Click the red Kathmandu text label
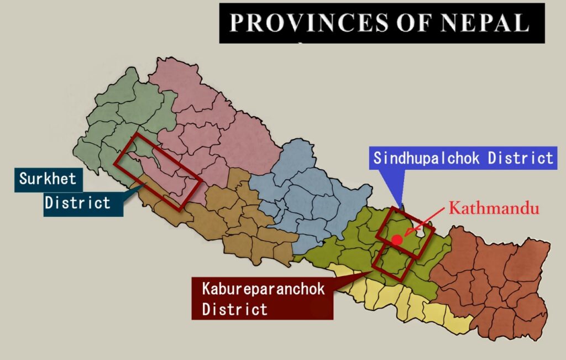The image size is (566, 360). click(x=493, y=208)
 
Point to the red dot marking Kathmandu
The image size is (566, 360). click(x=397, y=240)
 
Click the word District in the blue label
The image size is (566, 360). click(x=520, y=158)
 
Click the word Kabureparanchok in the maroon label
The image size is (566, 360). click(x=263, y=289)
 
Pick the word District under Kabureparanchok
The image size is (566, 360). click(x=235, y=309)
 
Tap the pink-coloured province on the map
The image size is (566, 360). click(x=221, y=122)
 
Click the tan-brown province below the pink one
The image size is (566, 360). click(x=238, y=221)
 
